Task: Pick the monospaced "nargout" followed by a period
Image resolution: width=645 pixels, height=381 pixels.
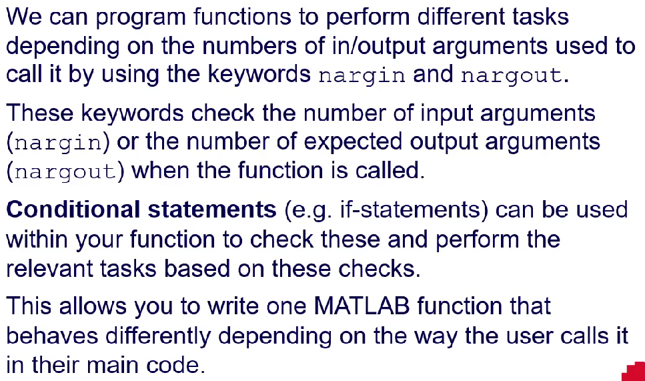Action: coord(512,76)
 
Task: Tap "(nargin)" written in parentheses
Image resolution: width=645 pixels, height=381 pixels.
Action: coord(58,142)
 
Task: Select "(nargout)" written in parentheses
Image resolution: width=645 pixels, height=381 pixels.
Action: coord(65,171)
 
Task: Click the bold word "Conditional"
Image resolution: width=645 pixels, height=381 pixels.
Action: coord(73,210)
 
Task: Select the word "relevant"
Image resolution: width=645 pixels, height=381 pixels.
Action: coord(49,268)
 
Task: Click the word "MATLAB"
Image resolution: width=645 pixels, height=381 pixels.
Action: coord(362,306)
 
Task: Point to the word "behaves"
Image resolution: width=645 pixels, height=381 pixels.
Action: coord(52,336)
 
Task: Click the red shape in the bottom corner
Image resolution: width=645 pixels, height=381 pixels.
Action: coord(634,372)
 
